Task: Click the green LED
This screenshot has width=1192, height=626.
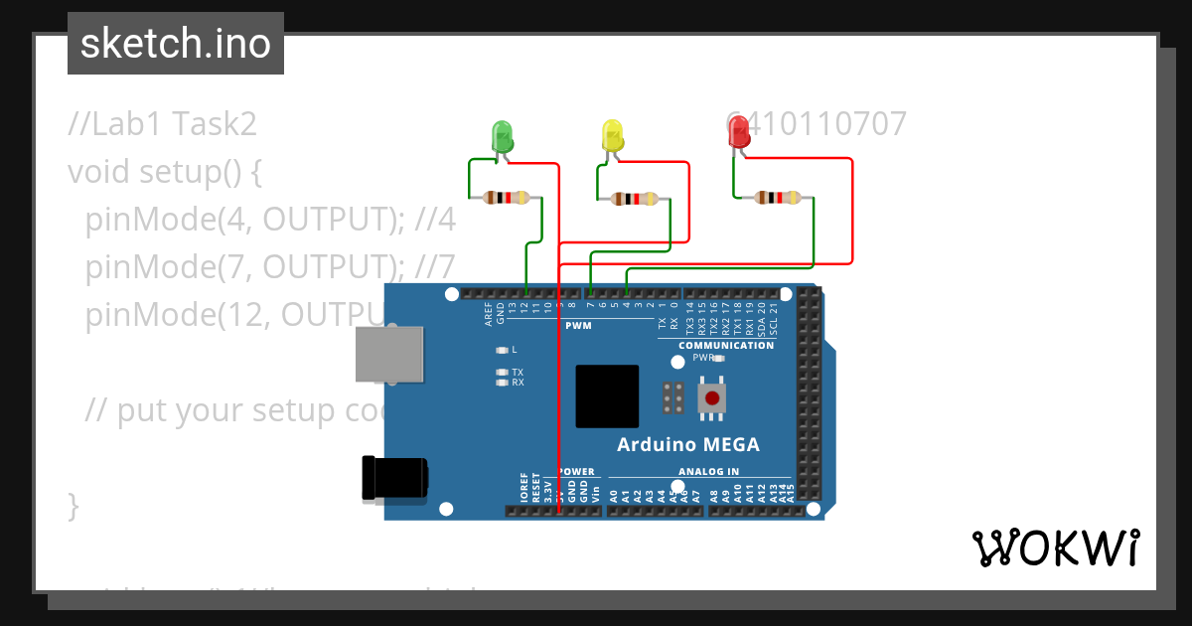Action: (x=504, y=137)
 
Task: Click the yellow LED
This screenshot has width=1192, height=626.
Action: (x=612, y=137)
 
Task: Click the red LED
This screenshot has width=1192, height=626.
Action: (x=739, y=133)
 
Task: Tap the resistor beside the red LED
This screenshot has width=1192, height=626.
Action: (x=777, y=198)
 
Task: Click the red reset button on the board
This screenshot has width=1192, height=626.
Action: (x=711, y=399)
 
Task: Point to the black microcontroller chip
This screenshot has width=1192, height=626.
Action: (x=607, y=396)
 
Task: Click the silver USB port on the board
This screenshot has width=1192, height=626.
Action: (x=390, y=354)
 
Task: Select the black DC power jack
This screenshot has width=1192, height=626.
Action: (x=394, y=478)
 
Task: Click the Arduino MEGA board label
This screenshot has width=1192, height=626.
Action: (x=687, y=444)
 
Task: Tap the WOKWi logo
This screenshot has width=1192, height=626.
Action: (x=1054, y=548)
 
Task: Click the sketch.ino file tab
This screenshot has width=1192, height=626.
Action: (x=176, y=44)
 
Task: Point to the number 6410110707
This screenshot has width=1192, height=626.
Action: (x=817, y=124)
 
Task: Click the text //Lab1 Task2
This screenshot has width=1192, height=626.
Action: (x=163, y=124)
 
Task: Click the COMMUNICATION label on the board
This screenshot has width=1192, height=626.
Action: (x=726, y=346)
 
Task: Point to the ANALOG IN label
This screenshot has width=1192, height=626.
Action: (x=708, y=472)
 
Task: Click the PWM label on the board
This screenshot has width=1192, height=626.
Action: (x=578, y=326)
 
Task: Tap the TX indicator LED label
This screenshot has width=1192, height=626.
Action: (x=517, y=372)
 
